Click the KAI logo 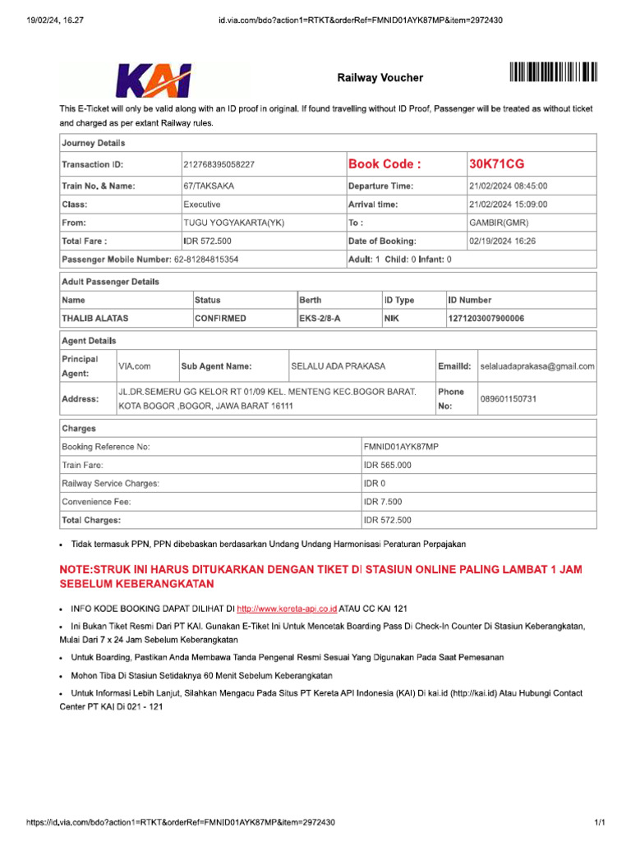click(154, 80)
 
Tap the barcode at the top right click(553, 72)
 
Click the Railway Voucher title click(380, 78)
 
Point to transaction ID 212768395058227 click(219, 165)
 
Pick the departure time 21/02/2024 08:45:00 click(508, 186)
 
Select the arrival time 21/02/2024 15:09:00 click(508, 205)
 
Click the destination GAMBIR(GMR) click(500, 223)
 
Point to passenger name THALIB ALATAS click(95, 318)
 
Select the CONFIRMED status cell click(220, 318)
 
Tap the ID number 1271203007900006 click(486, 318)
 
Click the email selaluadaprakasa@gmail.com click(537, 366)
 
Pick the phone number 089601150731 click(509, 398)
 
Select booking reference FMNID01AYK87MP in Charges click(401, 447)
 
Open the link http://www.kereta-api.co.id click(287, 609)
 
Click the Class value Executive click(202, 205)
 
